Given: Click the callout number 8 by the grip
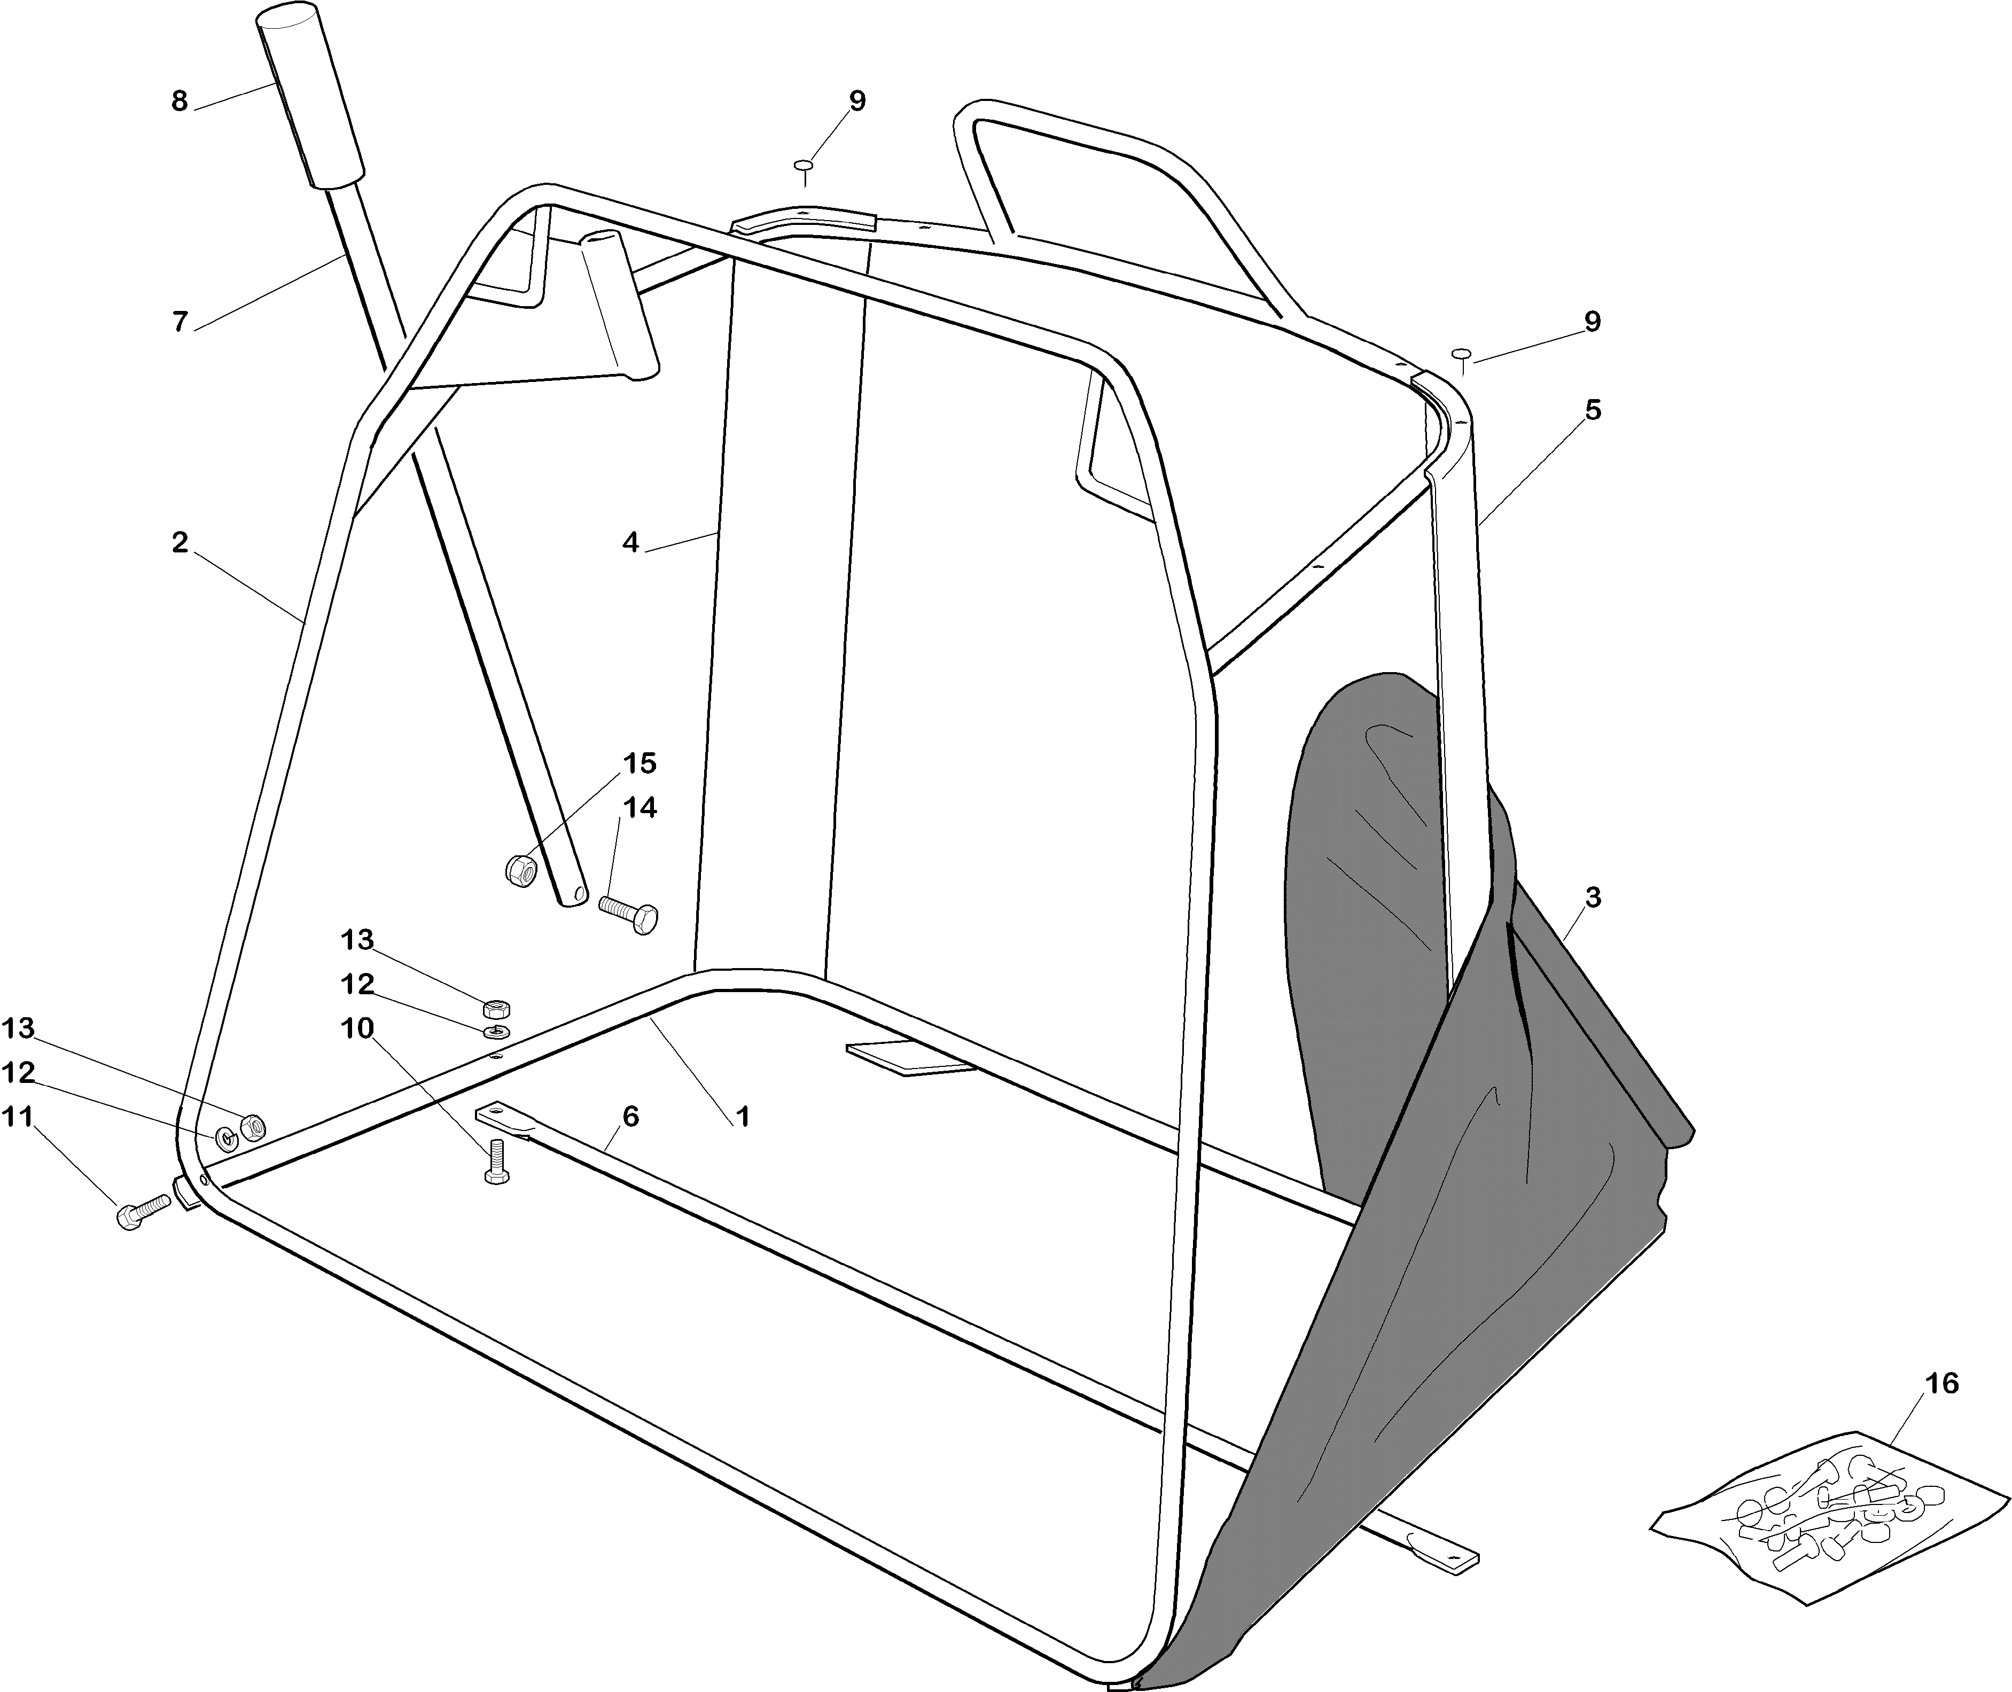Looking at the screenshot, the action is pos(180,101).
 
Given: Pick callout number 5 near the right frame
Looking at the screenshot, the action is pos(1593,410).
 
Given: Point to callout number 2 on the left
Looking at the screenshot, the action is pos(180,542).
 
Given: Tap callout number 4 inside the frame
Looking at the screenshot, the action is pos(629,542).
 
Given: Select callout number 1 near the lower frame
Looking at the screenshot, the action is pos(742,1117).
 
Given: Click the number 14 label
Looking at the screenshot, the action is pos(640,808).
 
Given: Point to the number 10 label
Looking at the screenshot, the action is pos(357,1028).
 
